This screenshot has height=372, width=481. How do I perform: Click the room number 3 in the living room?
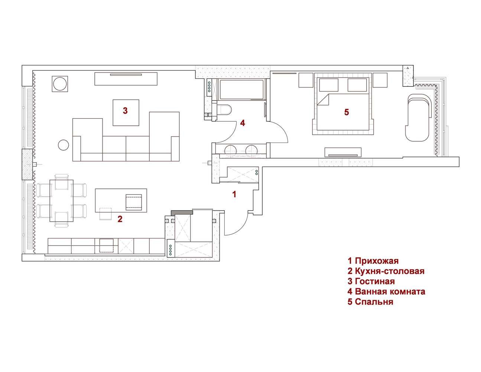pyautogui.click(x=125, y=110)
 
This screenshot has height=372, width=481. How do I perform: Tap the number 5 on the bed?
pyautogui.click(x=347, y=112)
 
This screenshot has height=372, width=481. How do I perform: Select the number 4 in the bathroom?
pyautogui.click(x=243, y=123)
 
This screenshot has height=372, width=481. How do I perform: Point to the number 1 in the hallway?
pyautogui.click(x=234, y=194)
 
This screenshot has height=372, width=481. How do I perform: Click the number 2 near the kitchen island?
pyautogui.click(x=120, y=219)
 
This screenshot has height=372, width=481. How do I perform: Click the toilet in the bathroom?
pyautogui.click(x=224, y=109)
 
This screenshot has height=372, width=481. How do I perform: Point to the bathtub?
pyautogui.click(x=242, y=89)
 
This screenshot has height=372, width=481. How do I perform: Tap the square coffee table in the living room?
pyautogui.click(x=126, y=113)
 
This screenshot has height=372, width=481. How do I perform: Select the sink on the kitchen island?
pyautogui.click(x=134, y=202)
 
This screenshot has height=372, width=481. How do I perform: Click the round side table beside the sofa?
pyautogui.click(x=63, y=145)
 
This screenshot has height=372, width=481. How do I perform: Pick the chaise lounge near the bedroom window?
pyautogui.click(x=418, y=118)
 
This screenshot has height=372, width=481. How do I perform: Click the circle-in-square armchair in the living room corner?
pyautogui.click(x=60, y=84)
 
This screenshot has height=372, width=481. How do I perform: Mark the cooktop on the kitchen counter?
pyautogui.click(x=106, y=246)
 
